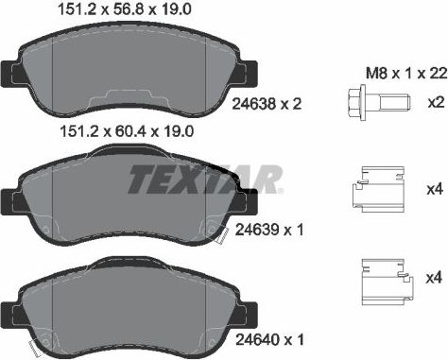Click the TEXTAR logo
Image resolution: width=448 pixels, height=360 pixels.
[203, 178]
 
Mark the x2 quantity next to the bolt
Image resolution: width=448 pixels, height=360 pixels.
[434, 101]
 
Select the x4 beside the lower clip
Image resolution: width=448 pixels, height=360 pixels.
[434, 278]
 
